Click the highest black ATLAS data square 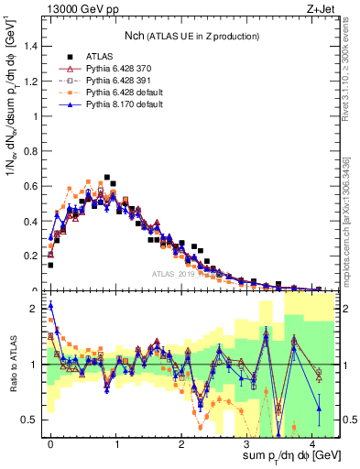(107, 177)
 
